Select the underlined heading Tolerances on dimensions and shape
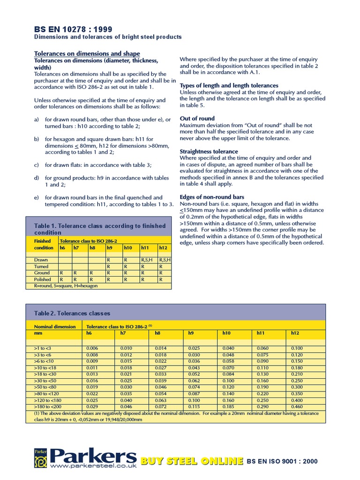[87, 54]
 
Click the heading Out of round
[197, 119]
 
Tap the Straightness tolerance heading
[209, 151]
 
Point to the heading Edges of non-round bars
[212, 197]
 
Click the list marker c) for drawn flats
[36, 165]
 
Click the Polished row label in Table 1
[43, 279]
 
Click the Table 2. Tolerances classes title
[72, 313]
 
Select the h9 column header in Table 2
[191, 333]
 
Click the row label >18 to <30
[45, 375]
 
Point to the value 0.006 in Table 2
[92, 348]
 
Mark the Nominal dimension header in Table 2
[55, 326]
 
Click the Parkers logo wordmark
[93, 456]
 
